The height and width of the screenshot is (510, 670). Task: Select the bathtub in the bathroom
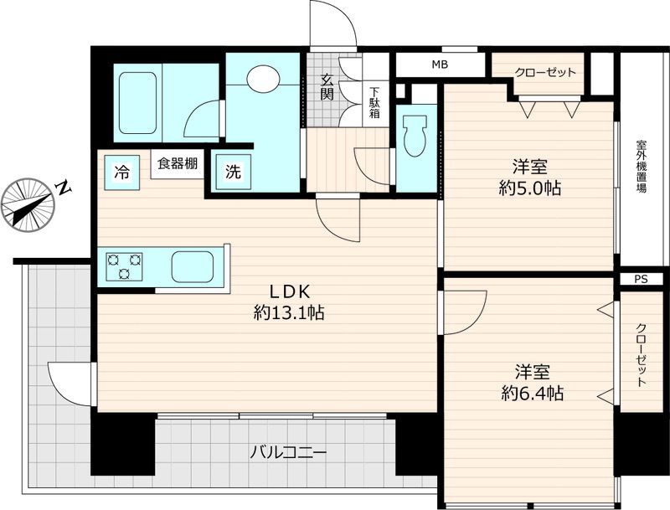pyautogui.click(x=137, y=102)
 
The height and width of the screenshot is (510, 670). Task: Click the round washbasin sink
pyautogui.click(x=263, y=79)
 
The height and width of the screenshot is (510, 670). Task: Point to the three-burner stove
pyautogui.click(x=124, y=267)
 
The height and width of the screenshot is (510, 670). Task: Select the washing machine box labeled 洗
pyautogui.click(x=233, y=173)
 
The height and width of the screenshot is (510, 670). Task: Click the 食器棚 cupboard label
pyautogui.click(x=176, y=163)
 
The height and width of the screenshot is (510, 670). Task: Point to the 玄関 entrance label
pyautogui.click(x=327, y=87)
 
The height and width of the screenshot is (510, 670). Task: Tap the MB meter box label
pyautogui.click(x=440, y=64)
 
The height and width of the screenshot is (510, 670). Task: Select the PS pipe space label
pyautogui.click(x=642, y=279)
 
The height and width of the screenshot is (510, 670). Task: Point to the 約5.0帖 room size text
pyautogui.click(x=529, y=188)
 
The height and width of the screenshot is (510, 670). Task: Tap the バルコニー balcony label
pyautogui.click(x=288, y=452)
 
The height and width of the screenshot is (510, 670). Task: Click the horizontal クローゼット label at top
pyautogui.click(x=545, y=72)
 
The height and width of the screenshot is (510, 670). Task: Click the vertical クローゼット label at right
pyautogui.click(x=642, y=354)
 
